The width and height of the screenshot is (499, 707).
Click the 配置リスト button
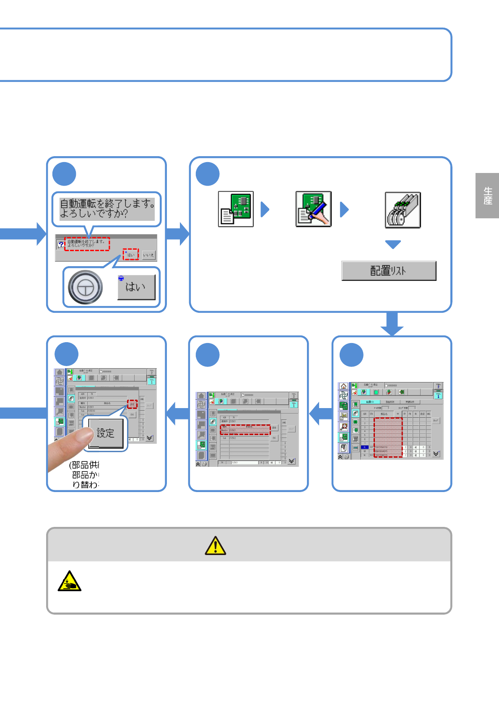pyautogui.click(x=389, y=271)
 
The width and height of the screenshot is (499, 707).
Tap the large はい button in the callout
pyautogui.click(x=136, y=287)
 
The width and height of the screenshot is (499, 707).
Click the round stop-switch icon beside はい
pyautogui.click(x=86, y=288)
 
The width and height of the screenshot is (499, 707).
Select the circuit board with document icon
pyautogui.click(x=236, y=209)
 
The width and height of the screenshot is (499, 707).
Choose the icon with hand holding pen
pyautogui.click(x=313, y=209)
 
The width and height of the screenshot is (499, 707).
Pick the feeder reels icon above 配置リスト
pyautogui.click(x=403, y=210)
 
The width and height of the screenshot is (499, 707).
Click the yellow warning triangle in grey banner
pyautogui.click(x=216, y=545)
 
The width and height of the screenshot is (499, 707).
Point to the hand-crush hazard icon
pyautogui.click(x=69, y=581)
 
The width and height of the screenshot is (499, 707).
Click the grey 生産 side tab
pyautogui.click(x=487, y=196)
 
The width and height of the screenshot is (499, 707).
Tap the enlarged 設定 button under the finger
pyautogui.click(x=106, y=433)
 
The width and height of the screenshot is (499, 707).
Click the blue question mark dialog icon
pyautogui.click(x=61, y=244)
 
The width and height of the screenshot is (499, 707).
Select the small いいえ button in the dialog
pyautogui.click(x=148, y=255)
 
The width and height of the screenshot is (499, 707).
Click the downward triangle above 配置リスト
pyautogui.click(x=393, y=244)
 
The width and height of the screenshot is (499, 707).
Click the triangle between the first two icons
pyautogui.click(x=265, y=209)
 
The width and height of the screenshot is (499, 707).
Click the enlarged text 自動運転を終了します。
pyautogui.click(x=107, y=204)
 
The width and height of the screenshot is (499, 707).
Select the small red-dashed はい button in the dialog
pyautogui.click(x=131, y=254)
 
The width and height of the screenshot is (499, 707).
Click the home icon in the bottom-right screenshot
pyautogui.click(x=343, y=386)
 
